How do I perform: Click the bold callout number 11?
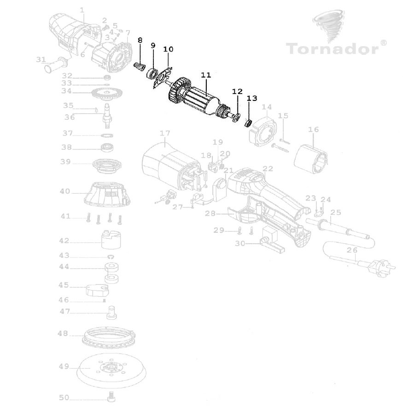point(205,74)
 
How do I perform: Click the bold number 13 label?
point(252,98)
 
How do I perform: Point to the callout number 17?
point(164,134)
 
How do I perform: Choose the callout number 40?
point(65,191)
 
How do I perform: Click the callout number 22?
point(268,168)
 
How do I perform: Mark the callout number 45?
point(64,285)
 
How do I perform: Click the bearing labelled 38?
point(108,148)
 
